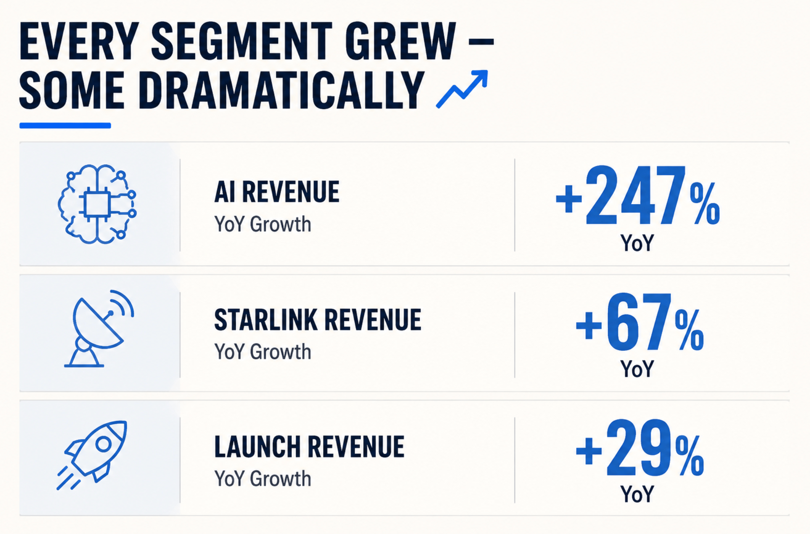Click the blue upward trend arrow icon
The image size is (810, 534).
point(462,89)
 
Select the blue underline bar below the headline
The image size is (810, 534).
point(65,126)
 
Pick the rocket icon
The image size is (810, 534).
point(92,455)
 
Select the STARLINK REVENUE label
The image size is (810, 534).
point(318,320)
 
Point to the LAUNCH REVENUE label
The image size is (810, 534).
point(309,447)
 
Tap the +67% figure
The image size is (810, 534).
point(639,322)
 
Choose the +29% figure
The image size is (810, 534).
point(639,448)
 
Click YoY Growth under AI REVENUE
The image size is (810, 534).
point(262,225)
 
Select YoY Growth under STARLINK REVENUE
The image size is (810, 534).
point(262,352)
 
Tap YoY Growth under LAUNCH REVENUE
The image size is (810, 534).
point(262,479)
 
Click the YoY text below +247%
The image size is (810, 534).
point(637,243)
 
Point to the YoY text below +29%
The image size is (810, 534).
point(637,494)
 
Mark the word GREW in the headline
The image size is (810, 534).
point(400,41)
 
